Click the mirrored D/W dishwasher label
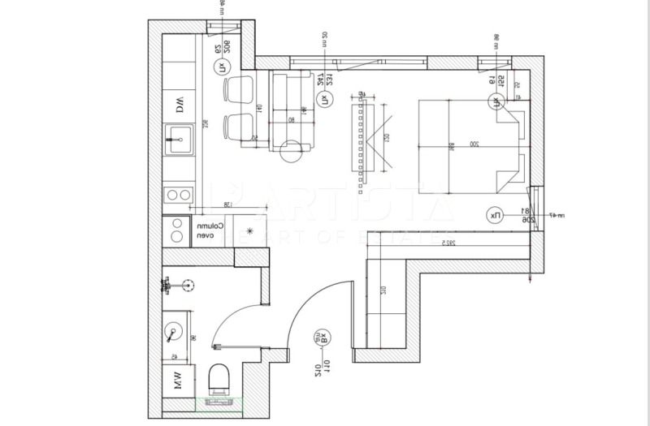coord(179,104)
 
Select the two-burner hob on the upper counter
coord(179,194)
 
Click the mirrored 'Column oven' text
coord(204,231)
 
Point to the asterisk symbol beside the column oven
coord(250,231)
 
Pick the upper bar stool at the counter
coord(238,89)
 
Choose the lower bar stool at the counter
coord(238,126)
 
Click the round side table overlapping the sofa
coord(291,152)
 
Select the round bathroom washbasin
coord(175,330)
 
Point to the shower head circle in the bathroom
coord(188,286)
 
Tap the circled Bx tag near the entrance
coord(322,337)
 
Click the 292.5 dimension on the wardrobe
coord(444,242)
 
